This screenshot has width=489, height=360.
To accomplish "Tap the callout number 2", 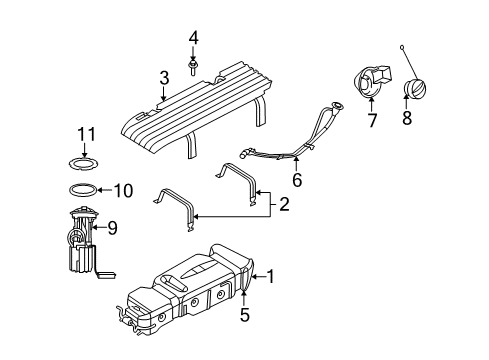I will (x=284, y=206).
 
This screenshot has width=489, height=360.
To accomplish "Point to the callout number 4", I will (x=194, y=39).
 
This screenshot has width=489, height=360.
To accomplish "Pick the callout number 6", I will (x=296, y=181).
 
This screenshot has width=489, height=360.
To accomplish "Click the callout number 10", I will (x=122, y=189).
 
